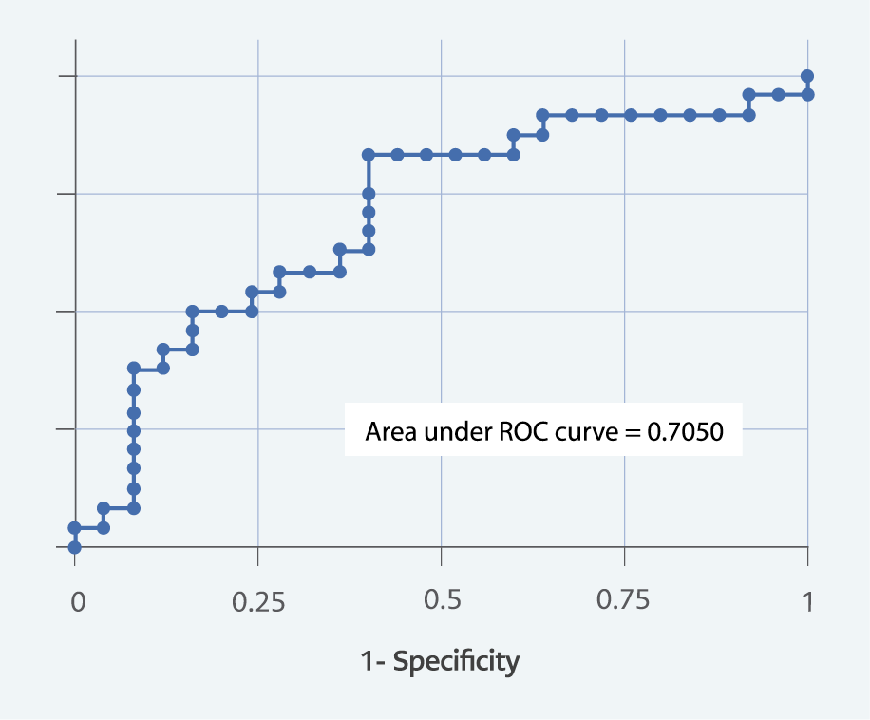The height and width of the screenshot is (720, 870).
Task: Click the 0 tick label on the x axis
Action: pyautogui.click(x=78, y=601)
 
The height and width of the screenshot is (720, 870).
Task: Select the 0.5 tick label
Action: pyautogui.click(x=442, y=601)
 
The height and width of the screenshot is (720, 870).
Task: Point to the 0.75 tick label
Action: pyautogui.click(x=624, y=601)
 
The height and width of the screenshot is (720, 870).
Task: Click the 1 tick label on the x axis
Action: pyautogui.click(x=807, y=601)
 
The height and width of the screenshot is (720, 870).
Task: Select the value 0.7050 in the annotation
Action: pyautogui.click(x=686, y=432)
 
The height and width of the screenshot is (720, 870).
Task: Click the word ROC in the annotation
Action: pyautogui.click(x=521, y=432)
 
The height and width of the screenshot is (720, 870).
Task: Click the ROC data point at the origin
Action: pyautogui.click(x=75, y=547)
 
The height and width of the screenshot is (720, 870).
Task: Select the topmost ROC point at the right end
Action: pyautogui.click(x=807, y=76)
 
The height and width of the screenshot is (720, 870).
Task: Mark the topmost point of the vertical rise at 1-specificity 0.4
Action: pyautogui.click(x=369, y=154)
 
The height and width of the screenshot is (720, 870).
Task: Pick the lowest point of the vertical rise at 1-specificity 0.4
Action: pyautogui.click(x=369, y=250)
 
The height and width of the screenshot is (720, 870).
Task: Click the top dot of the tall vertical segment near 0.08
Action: pyautogui.click(x=134, y=368)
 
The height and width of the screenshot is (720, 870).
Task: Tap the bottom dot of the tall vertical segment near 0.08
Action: pyautogui.click(x=134, y=508)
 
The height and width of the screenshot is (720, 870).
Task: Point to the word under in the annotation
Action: pyautogui.click(x=454, y=432)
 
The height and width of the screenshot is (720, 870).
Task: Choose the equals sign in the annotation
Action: pyautogui.click(x=633, y=432)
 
